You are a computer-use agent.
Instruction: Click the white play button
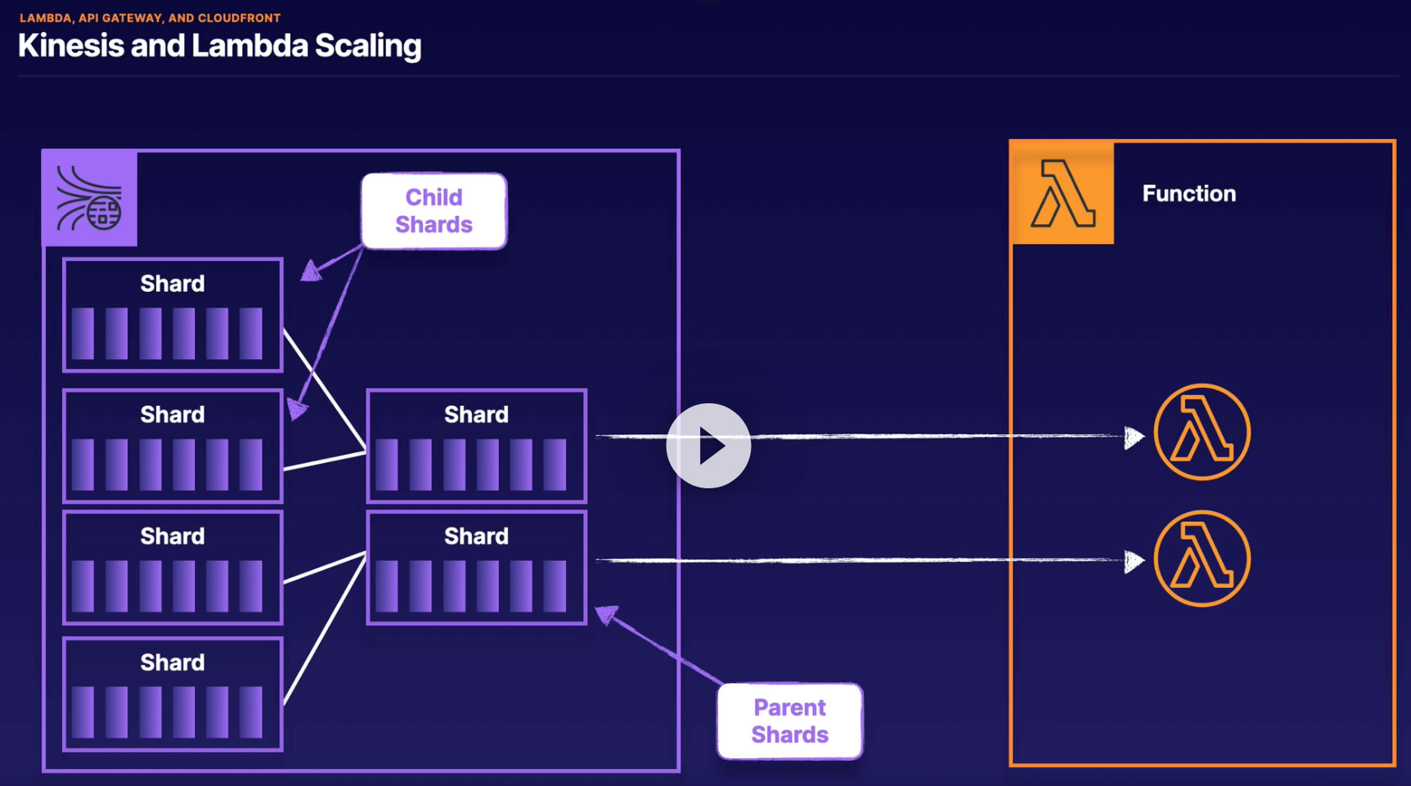708,446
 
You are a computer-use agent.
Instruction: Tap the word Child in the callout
434,197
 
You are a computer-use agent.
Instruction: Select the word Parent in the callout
789,707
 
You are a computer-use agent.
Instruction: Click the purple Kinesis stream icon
89,198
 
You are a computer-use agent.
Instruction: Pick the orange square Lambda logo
1063,193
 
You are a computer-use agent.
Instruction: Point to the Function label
1189,194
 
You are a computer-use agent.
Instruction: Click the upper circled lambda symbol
1202,432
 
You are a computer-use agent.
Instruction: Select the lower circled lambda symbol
1202,559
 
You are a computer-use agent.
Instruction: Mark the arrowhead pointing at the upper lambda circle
1134,438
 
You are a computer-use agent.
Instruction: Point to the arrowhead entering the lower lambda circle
1134,561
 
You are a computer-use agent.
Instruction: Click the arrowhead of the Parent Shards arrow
606,614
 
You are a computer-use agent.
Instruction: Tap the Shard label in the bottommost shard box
172,662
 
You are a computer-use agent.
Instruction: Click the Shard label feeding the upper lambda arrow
476,415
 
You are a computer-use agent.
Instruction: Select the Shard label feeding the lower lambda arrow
476,537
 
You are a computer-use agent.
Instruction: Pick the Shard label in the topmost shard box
172,284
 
